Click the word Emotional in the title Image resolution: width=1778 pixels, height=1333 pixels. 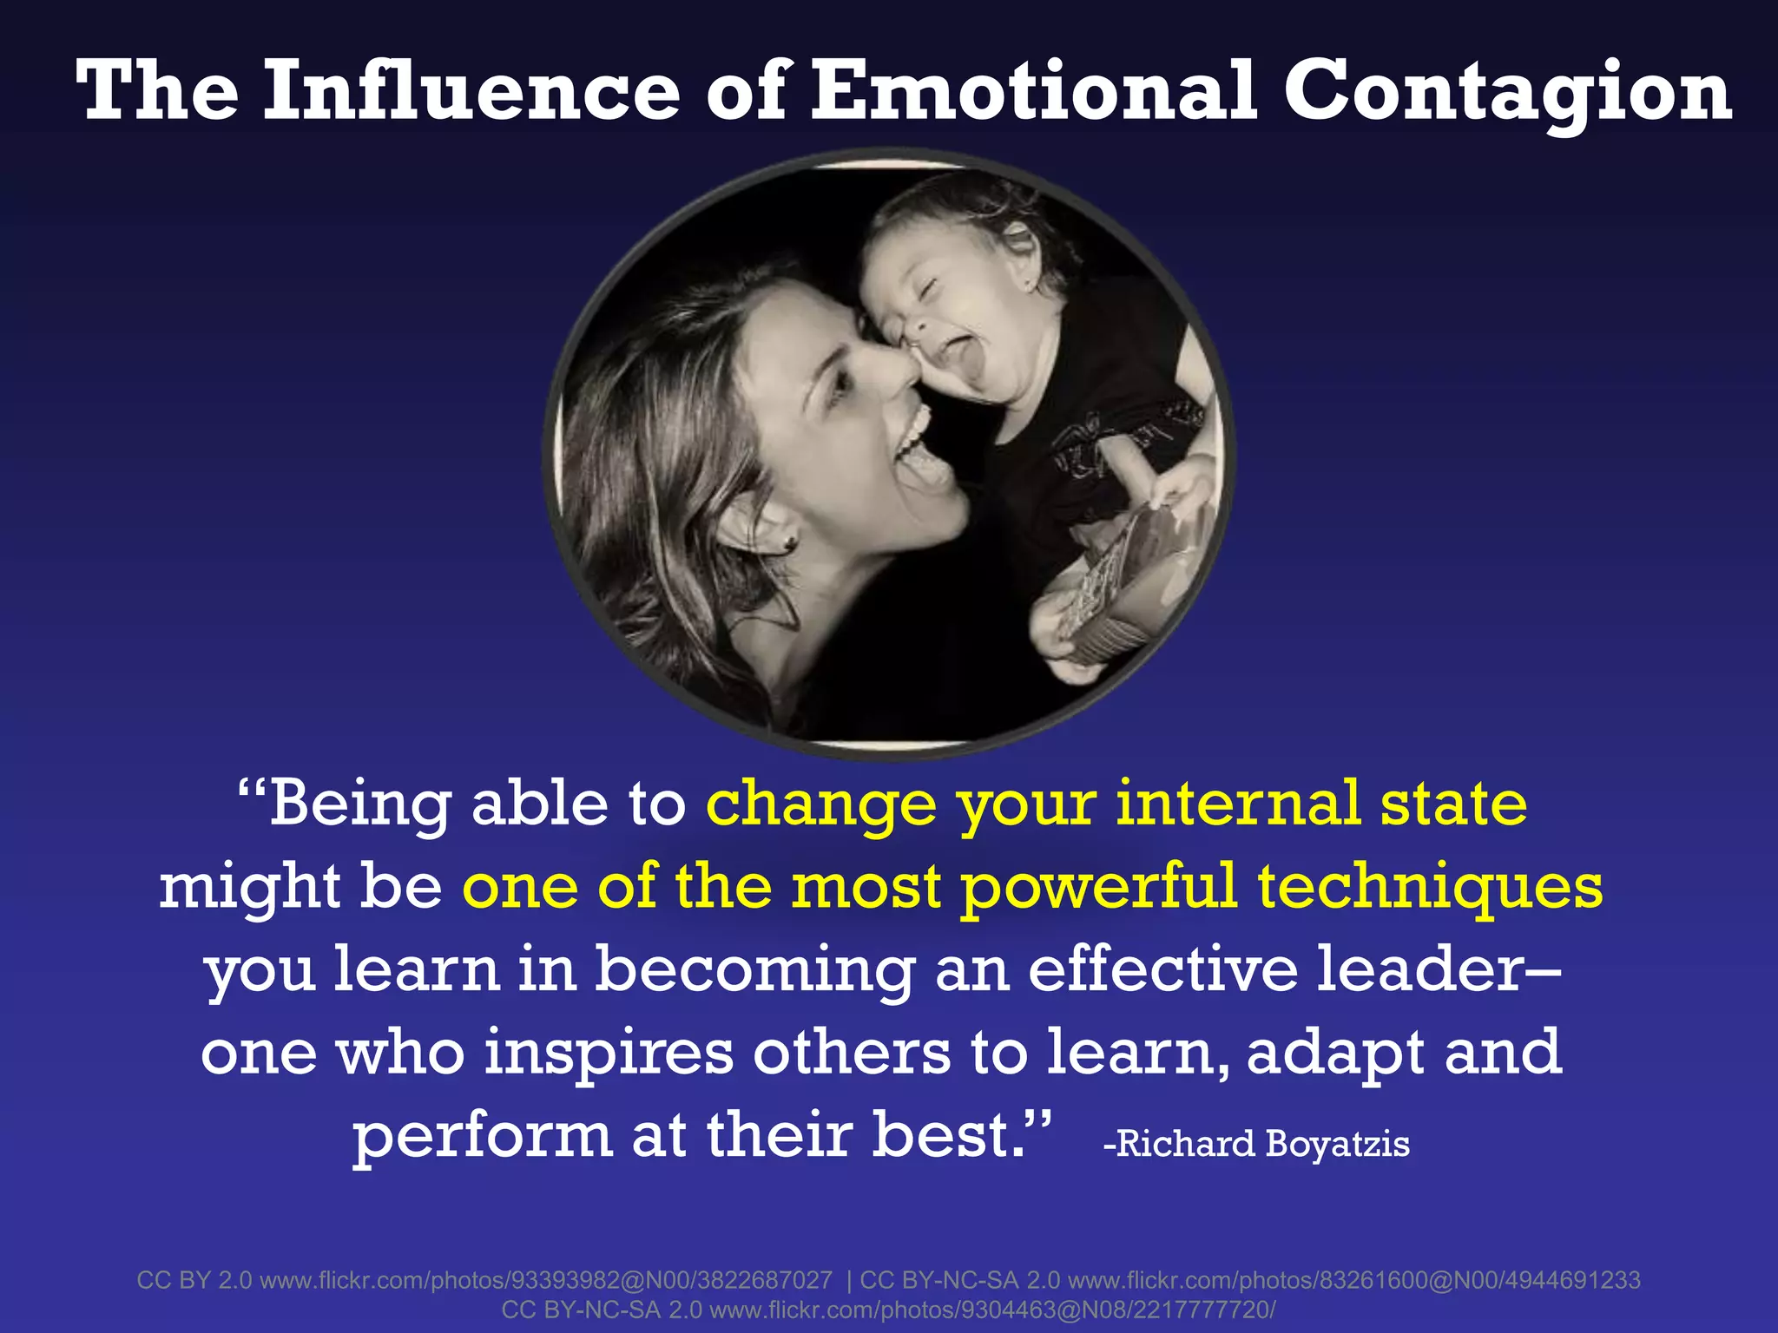pyautogui.click(x=1033, y=91)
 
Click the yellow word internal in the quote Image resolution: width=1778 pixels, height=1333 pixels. pyautogui.click(x=1237, y=803)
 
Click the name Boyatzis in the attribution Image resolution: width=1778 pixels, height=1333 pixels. pyautogui.click(x=1338, y=1144)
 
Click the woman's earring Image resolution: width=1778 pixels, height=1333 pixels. pyautogui.click(x=789, y=542)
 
